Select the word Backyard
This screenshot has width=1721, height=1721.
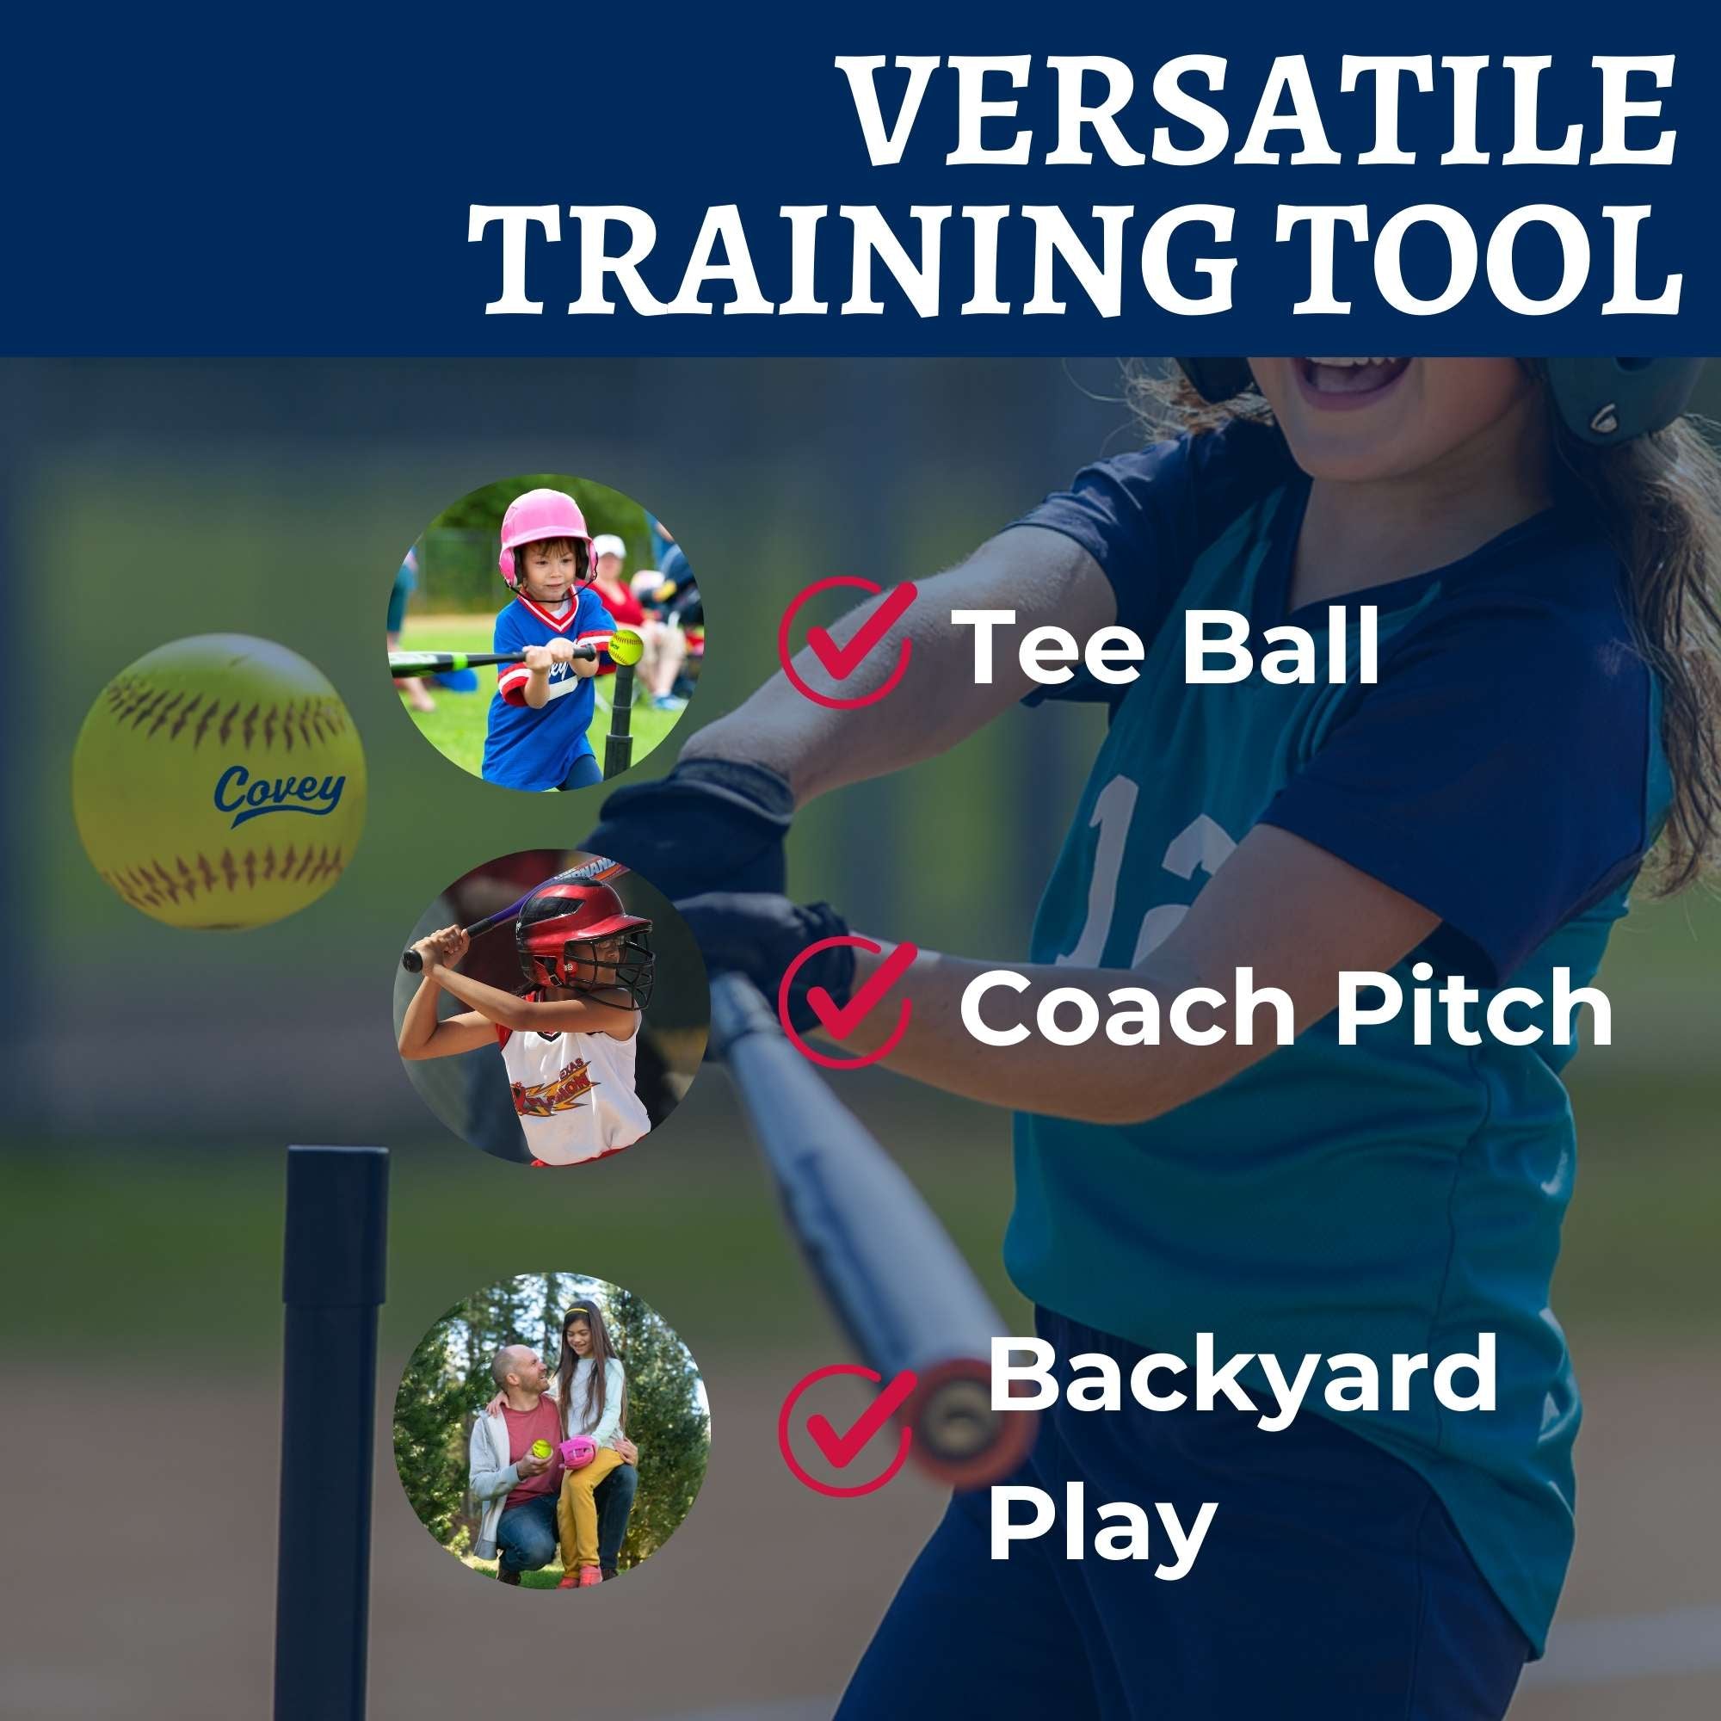click(1243, 1376)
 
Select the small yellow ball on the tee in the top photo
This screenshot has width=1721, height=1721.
click(626, 646)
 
